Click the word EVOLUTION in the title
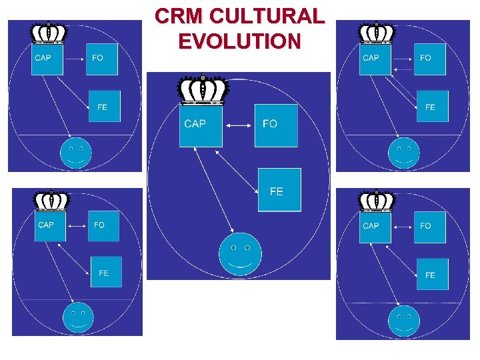[x=239, y=41]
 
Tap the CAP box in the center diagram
[x=200, y=125]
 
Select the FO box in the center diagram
[x=276, y=125]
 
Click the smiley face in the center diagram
[x=240, y=253]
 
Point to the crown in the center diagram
[x=203, y=90]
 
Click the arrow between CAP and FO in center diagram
[x=238, y=125]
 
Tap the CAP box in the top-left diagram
[x=47, y=59]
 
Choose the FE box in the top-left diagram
[x=105, y=106]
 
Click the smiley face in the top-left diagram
[x=76, y=153]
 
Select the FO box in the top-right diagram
[x=430, y=59]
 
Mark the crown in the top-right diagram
[x=377, y=33]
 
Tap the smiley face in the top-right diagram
[x=404, y=153]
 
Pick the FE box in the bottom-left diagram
[x=106, y=272]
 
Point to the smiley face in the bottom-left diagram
[x=78, y=317]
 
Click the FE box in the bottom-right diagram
[x=432, y=274]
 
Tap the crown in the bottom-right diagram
[x=377, y=201]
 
